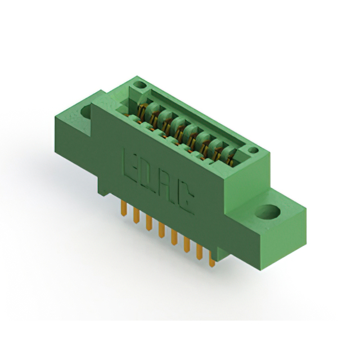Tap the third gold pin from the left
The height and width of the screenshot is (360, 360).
(148, 223)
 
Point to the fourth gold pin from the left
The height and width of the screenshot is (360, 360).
(161, 230)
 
